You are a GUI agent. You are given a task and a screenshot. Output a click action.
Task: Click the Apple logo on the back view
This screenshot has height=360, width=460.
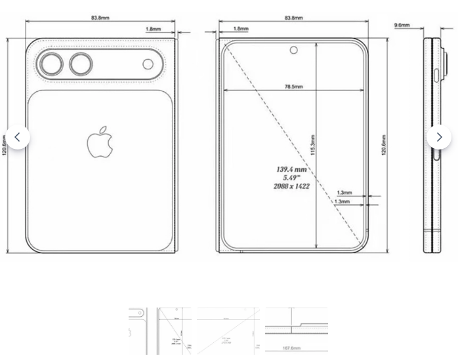pos(100,142)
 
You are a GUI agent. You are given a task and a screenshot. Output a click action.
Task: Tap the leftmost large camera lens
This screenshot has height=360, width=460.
pos(50,64)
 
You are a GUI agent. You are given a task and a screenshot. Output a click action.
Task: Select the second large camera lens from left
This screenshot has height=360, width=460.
pos(82,64)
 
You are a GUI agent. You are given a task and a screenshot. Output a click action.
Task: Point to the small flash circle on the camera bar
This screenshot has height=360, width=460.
pos(148,64)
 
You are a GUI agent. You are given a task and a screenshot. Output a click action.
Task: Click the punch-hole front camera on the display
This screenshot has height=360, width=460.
pos(293,50)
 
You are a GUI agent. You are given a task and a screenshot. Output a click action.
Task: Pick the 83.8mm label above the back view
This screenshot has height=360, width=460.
pos(100,18)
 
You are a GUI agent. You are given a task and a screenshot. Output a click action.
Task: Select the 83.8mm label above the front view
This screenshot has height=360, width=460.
pos(293,18)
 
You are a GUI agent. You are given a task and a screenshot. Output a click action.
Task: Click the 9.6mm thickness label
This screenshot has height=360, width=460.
pos(402,25)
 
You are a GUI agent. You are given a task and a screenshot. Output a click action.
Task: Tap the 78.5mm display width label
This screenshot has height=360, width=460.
pos(293,87)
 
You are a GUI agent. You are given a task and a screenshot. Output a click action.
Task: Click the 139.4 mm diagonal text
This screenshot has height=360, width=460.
pos(291,170)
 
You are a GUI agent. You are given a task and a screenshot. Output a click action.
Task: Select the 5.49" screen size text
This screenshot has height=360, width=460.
pos(291,178)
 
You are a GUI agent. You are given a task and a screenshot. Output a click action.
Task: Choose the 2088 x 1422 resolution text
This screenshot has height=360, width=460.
pos(291,186)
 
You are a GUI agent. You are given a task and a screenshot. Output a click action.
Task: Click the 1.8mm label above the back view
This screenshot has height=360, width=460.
pos(153,30)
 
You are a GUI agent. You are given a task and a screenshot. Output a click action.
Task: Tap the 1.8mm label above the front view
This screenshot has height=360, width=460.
pos(241,30)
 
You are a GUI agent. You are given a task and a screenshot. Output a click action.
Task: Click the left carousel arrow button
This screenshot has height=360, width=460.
pos(18,137)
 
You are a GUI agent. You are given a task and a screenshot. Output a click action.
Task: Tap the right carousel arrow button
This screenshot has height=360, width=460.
pos(439,137)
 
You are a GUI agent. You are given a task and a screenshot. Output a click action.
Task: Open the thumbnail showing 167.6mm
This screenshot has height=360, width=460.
pos(296,331)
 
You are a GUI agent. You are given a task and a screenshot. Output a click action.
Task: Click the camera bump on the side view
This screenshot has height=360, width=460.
pos(446,64)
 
